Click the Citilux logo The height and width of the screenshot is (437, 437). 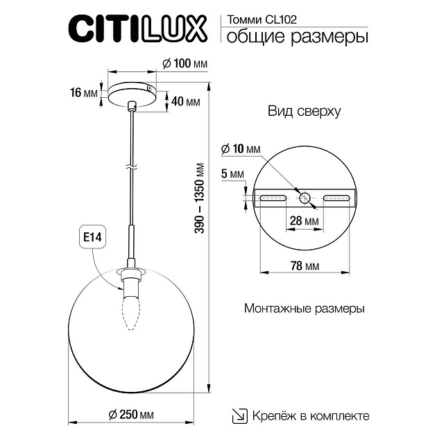coord(137,29)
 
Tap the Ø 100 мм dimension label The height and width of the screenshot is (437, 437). coord(185,64)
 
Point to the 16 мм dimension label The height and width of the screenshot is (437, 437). coord(84,93)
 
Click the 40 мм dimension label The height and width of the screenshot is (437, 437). coord(185,103)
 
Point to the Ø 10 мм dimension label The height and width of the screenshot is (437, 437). coord(240,149)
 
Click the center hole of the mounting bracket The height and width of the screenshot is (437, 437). coord(305,198)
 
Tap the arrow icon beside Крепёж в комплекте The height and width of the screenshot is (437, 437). coord(238,415)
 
